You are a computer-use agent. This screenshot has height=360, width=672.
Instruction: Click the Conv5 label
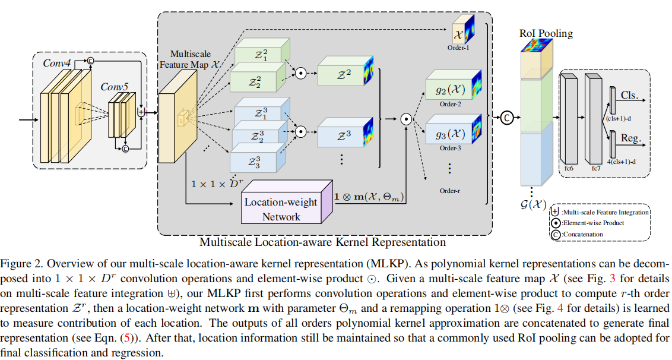coord(114,87)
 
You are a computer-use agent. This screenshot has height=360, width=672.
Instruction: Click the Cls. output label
coord(630,96)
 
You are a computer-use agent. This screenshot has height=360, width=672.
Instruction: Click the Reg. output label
coord(630,138)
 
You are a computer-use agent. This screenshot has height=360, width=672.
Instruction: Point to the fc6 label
coord(569,168)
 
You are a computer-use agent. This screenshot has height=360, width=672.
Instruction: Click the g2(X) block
coord(446,91)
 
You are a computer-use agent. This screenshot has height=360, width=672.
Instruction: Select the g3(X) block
coord(446,134)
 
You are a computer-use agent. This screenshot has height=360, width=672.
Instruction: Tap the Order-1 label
coord(459,48)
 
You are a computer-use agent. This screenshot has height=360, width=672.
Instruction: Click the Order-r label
coord(451,191)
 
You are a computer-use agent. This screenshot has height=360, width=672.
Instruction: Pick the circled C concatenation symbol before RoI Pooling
coord(506,116)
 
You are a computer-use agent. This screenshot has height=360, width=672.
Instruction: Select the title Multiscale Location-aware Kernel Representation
coord(322,242)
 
